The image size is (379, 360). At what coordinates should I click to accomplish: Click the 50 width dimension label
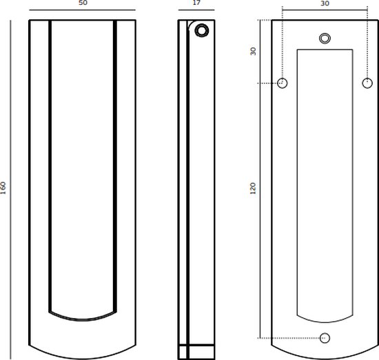pos(83,3)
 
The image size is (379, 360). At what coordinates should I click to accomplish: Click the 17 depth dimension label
pos(196,3)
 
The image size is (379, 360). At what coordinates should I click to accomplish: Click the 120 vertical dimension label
pos(253,187)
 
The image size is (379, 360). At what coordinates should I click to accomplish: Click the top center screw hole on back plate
pos(325,37)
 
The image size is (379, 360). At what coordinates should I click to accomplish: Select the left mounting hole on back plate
pos(283,83)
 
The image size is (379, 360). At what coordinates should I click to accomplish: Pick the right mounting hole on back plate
pos(367,83)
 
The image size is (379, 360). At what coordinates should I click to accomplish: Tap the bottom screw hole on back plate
pos(325,337)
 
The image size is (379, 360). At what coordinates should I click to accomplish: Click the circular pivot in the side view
pos(202,30)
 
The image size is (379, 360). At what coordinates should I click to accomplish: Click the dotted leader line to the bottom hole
pos(289,337)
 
